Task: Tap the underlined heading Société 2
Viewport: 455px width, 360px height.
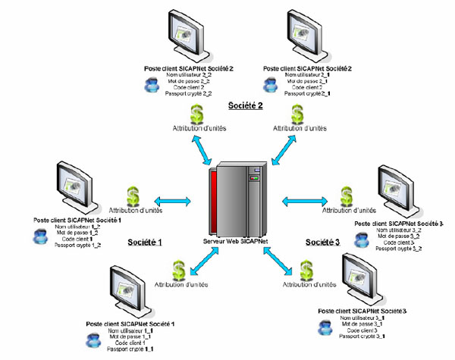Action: [246, 105]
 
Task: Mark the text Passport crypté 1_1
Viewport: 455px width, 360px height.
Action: [131, 349]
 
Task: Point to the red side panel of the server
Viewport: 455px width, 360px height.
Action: [217, 203]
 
